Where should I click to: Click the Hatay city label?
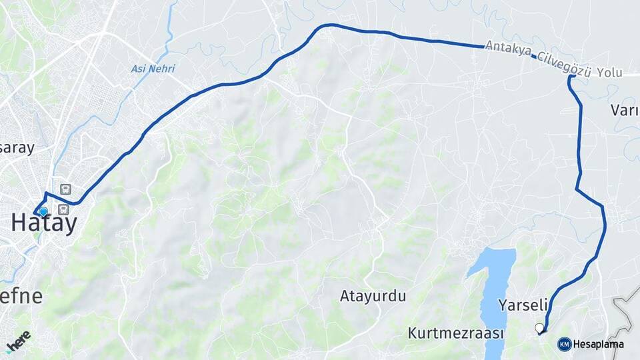pyautogui.click(x=44, y=224)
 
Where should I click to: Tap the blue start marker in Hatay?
pyautogui.click(x=43, y=212)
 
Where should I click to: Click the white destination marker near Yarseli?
pyautogui.click(x=539, y=327)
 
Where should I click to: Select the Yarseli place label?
pyautogui.click(x=523, y=305)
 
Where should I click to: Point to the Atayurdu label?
pyautogui.click(x=373, y=296)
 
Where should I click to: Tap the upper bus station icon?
pyautogui.click(x=65, y=189)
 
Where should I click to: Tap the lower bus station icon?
pyautogui.click(x=63, y=210)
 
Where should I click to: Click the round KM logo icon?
pyautogui.click(x=565, y=344)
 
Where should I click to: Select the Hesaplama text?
pyautogui.click(x=599, y=345)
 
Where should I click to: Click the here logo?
pyautogui.click(x=18, y=341)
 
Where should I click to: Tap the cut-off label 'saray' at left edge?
pyautogui.click(x=17, y=148)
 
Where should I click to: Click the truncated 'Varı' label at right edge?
pyautogui.click(x=624, y=110)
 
